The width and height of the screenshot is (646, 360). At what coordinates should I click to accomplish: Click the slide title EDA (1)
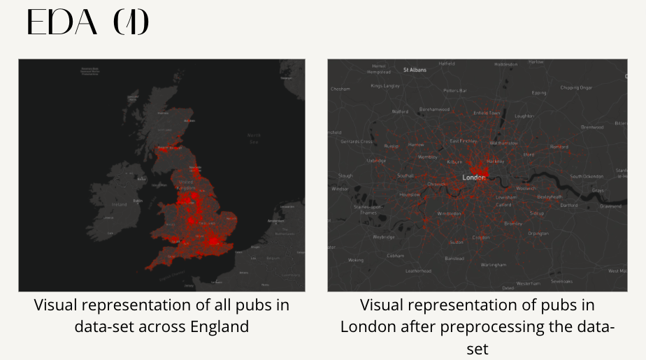[87, 23]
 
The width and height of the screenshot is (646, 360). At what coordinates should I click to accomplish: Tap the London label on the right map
[474, 177]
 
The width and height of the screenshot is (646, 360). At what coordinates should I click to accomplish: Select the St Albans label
[415, 70]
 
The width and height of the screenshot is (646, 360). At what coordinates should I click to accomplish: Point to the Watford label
[400, 111]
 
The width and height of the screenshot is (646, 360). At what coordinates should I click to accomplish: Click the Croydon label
[481, 238]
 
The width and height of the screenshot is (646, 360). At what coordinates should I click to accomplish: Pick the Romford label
[559, 147]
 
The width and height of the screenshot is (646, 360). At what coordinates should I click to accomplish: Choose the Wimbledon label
[450, 213]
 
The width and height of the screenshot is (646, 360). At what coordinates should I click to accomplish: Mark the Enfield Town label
[487, 113]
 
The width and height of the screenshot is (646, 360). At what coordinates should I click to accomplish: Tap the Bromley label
[513, 224]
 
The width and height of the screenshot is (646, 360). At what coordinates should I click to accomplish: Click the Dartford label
[569, 206]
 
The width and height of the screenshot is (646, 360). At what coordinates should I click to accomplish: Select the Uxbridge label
[376, 161]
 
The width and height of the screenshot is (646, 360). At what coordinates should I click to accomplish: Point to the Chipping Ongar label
[576, 87]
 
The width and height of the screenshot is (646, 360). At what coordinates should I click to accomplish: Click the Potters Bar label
[455, 90]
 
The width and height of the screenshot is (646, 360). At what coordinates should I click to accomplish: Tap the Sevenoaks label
[561, 282]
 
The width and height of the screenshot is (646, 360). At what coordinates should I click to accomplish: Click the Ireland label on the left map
[120, 205]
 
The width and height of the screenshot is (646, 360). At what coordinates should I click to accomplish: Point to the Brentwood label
[592, 127]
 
